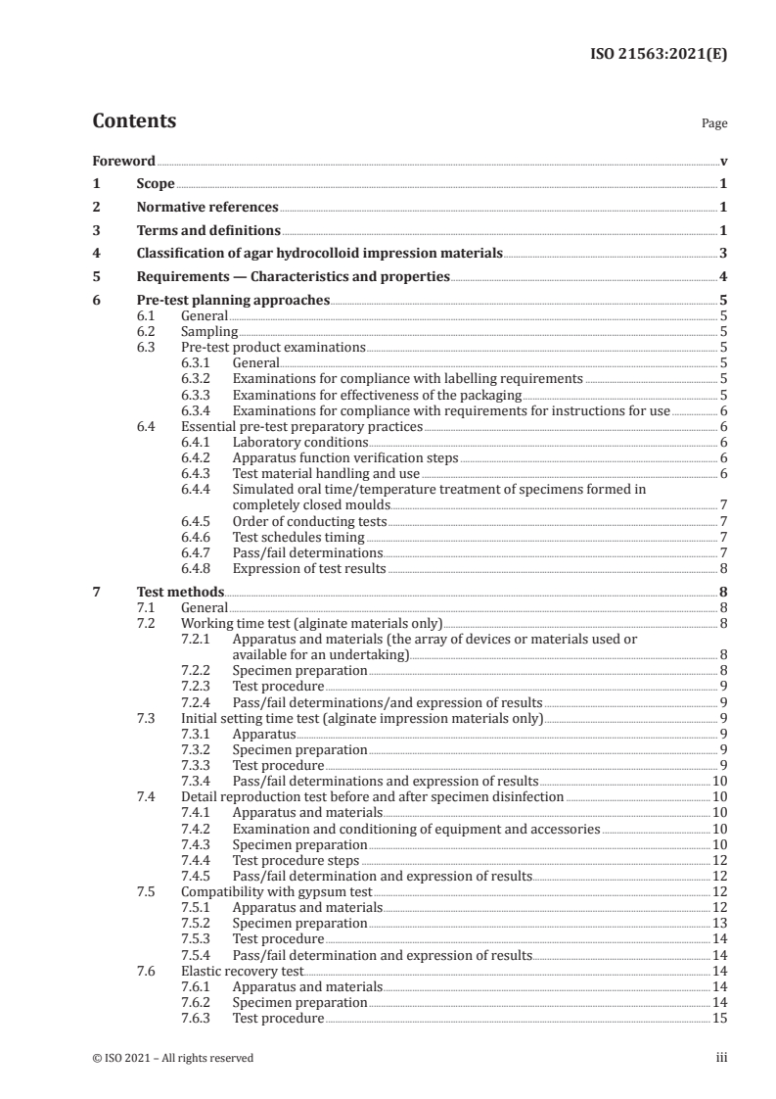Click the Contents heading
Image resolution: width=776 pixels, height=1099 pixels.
[x=134, y=122]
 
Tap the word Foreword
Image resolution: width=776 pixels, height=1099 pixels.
[x=123, y=161]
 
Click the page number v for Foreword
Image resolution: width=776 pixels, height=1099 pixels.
[x=723, y=161]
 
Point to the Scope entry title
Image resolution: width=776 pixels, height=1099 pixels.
[x=155, y=184]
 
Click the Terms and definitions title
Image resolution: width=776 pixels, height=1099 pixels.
[x=207, y=231]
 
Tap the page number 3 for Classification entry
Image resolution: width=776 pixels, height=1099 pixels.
[x=723, y=254]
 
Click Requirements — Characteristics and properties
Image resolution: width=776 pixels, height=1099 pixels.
[x=292, y=277]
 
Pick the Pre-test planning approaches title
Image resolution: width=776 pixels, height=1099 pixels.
[x=232, y=301]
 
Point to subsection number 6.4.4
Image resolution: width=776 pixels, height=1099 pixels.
[x=201, y=488]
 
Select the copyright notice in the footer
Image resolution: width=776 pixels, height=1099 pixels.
[x=173, y=1058]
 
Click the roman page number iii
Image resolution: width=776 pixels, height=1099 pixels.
[x=722, y=1058]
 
